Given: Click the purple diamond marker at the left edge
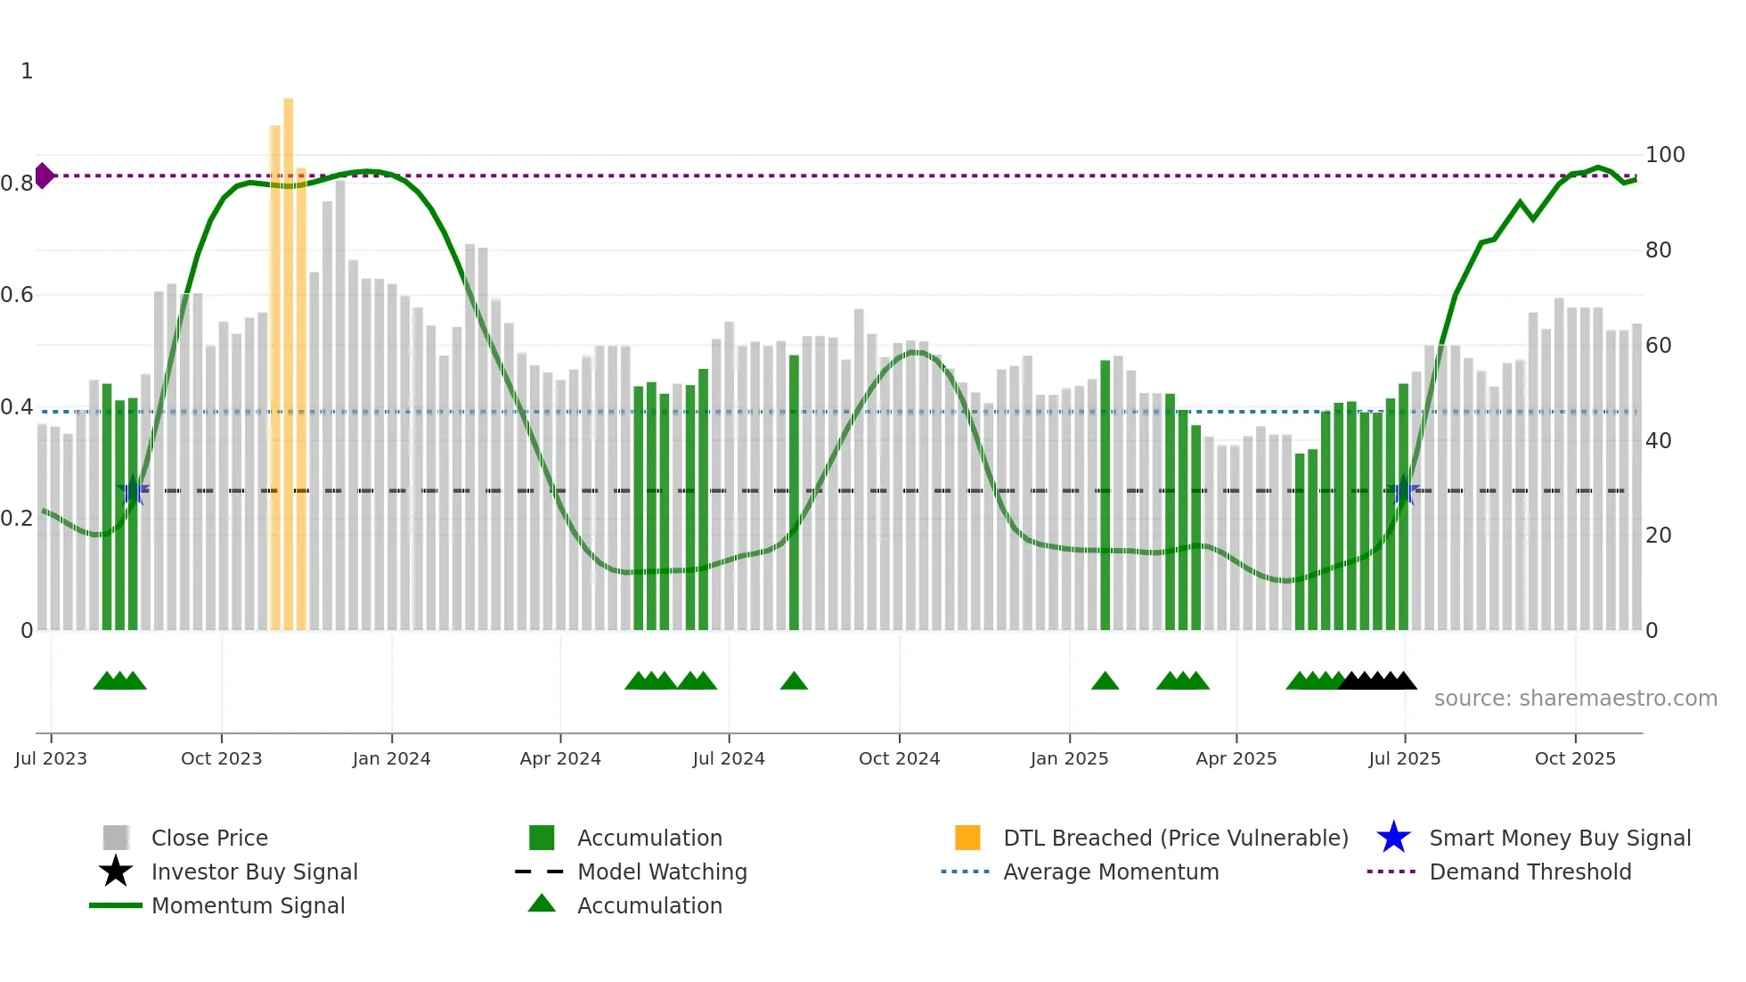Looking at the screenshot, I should (44, 176).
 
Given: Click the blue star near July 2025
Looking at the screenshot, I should (1404, 490).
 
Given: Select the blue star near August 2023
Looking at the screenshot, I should (133, 490).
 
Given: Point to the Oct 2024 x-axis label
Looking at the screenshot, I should (899, 758).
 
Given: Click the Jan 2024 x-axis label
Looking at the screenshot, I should (391, 758).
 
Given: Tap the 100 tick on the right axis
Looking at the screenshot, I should (1664, 155).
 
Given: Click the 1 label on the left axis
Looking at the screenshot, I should (27, 71).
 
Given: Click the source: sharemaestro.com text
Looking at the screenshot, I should (1575, 699).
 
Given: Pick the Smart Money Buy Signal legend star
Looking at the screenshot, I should (1393, 838).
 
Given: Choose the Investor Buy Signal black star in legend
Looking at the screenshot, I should (116, 872).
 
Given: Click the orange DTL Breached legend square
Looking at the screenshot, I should (967, 838).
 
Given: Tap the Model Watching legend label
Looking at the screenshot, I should (662, 872).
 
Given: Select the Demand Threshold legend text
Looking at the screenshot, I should (1530, 872).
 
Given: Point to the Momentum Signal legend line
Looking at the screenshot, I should (116, 905).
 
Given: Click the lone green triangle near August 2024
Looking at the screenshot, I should (794, 682).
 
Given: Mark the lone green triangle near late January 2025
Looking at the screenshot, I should (1105, 682).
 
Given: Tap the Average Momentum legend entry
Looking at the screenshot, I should (1110, 872).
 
